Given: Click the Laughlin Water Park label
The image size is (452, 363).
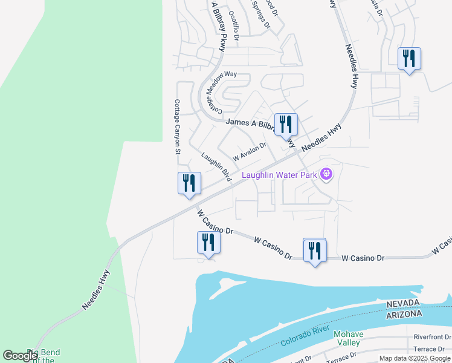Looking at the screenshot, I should pyautogui.click(x=280, y=175).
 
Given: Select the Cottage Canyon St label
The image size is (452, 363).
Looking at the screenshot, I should pyautogui.click(x=178, y=127).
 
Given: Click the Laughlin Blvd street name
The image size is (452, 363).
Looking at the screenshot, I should pyautogui.click(x=217, y=166).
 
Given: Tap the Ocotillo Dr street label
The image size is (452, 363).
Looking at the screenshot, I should pyautogui.click(x=234, y=26).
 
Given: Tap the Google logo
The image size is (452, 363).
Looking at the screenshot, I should pyautogui.click(x=21, y=355).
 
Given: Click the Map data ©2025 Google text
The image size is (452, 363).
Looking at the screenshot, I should pyautogui.click(x=415, y=358).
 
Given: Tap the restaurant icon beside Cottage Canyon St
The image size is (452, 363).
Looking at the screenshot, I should pyautogui.click(x=189, y=183).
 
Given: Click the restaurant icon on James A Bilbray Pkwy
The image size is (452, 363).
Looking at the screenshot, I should pyautogui.click(x=286, y=124).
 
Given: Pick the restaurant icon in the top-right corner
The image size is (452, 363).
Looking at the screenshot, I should pyautogui.click(x=409, y=59).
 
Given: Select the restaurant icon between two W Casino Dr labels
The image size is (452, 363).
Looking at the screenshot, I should pyautogui.click(x=314, y=250).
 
